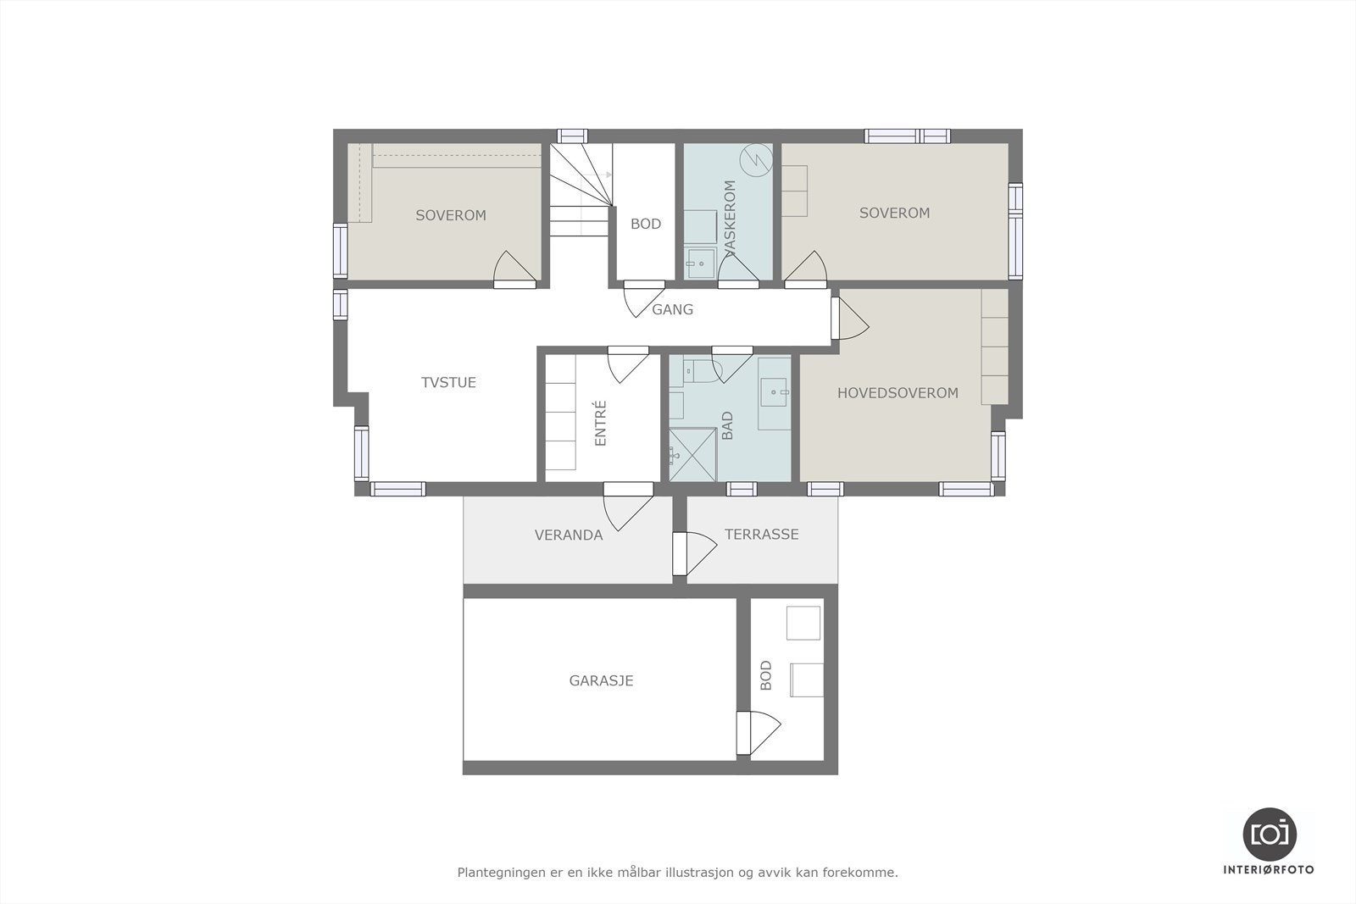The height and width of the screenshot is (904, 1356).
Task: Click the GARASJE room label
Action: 601,680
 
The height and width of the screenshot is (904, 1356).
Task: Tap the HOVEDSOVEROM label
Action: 898,393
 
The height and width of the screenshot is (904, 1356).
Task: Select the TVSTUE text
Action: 448,382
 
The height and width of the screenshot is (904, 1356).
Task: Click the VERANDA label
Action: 568,535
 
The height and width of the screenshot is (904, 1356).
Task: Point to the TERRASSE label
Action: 761,535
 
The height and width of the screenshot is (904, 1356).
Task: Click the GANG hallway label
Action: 672,310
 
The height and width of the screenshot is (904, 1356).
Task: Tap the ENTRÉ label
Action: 601,424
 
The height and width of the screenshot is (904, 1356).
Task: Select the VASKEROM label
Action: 731,217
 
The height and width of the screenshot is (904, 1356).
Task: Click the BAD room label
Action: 727,425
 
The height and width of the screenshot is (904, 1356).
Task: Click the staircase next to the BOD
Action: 581,191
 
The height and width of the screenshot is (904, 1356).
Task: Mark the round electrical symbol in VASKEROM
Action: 754,158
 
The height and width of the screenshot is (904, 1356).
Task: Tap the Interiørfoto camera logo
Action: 1269,833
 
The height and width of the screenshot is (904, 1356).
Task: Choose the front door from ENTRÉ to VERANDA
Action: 627,507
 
